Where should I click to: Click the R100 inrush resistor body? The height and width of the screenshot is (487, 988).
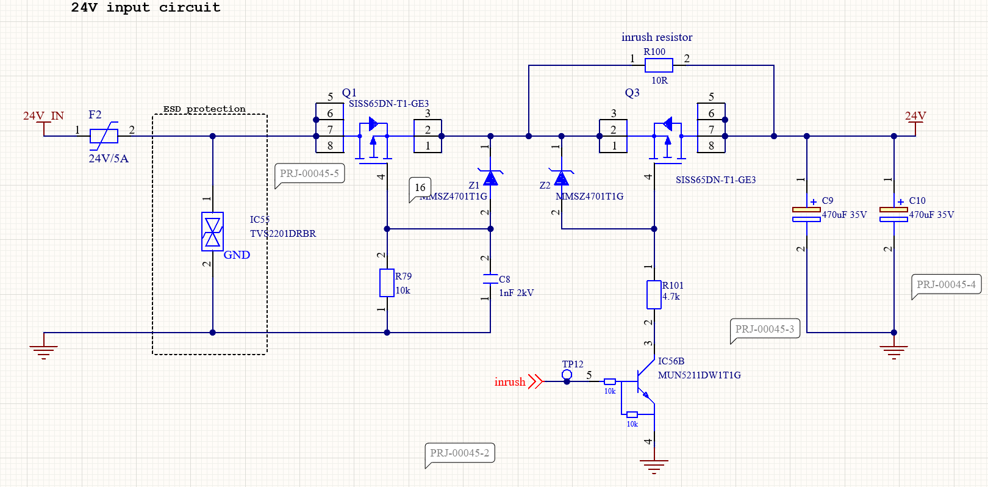[x=659, y=65]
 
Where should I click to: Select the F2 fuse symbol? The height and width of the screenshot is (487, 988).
[x=104, y=136]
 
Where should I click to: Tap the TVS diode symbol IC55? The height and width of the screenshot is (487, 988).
[x=212, y=232]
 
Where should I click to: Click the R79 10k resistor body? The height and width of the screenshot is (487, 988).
[x=387, y=283]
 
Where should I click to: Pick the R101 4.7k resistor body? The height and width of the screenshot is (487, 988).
[x=654, y=295]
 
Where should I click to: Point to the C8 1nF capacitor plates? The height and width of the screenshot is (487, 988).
[x=490, y=280]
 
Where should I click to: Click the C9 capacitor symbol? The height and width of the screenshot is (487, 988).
[x=806, y=214]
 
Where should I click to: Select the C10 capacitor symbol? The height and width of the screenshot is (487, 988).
[x=893, y=214]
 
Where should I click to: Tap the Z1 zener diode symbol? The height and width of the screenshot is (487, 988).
[x=490, y=178]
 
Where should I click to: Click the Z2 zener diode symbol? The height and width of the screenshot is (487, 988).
[x=561, y=178]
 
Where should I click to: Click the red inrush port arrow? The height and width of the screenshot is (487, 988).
[x=535, y=381]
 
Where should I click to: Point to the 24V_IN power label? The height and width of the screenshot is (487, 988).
[x=43, y=116]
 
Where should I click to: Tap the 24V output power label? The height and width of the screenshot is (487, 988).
[x=915, y=116]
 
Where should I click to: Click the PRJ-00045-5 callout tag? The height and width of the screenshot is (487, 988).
[x=309, y=173]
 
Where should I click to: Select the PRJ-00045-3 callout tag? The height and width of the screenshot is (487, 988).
[x=765, y=329]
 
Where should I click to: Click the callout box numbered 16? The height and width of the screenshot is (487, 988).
[x=420, y=187]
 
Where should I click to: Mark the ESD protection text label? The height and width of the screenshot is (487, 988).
[x=204, y=109]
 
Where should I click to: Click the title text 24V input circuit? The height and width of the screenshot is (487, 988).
[x=146, y=8]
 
